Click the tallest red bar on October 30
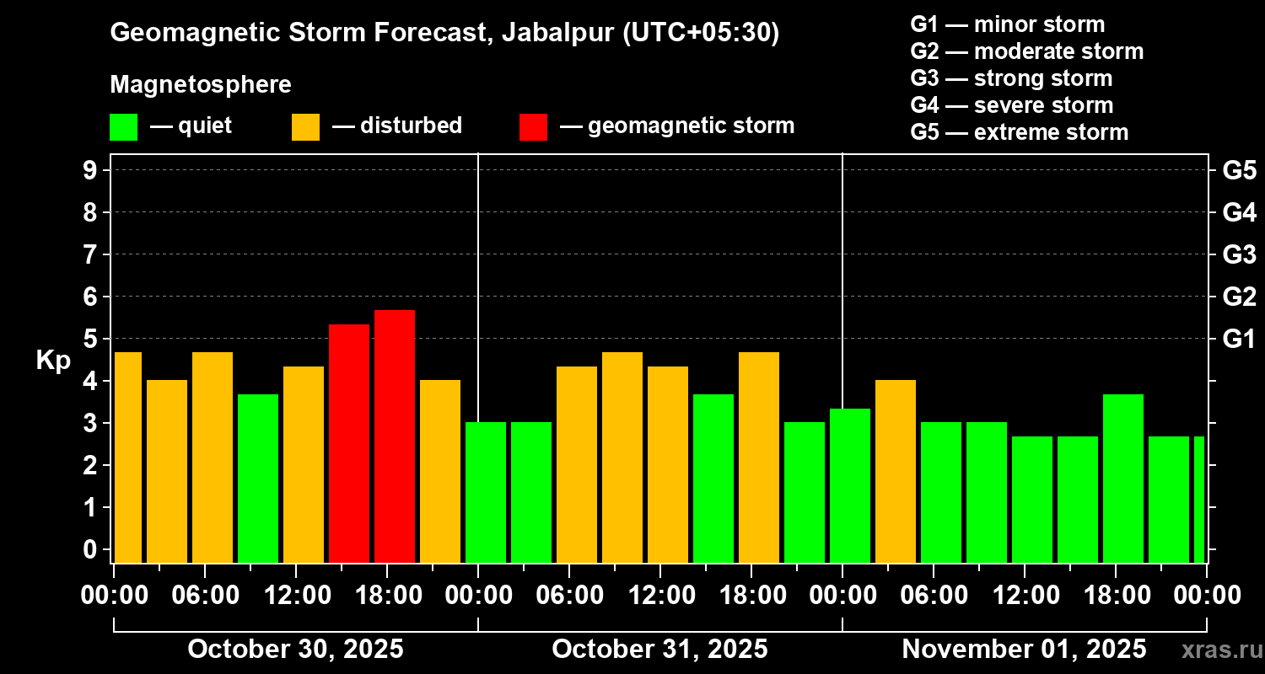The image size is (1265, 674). [x=395, y=436]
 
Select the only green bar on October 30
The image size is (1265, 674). [x=258, y=478]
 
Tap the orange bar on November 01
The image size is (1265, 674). [x=896, y=471]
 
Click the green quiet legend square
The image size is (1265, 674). [x=123, y=126]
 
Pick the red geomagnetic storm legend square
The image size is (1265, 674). [x=533, y=126]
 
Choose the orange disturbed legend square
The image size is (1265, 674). [x=305, y=126]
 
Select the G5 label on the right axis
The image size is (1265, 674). [x=1239, y=170]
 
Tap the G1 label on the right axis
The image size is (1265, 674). [x=1239, y=340]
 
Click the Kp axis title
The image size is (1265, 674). [x=53, y=360]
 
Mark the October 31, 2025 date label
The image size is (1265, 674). [x=659, y=650]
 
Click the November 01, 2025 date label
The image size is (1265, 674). [x=1024, y=650]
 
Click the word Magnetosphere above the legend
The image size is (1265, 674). [x=201, y=85]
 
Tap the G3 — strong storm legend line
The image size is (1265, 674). [x=1011, y=78]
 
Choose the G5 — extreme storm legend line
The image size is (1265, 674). [x=1019, y=132]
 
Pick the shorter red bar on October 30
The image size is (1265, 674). [x=349, y=443]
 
